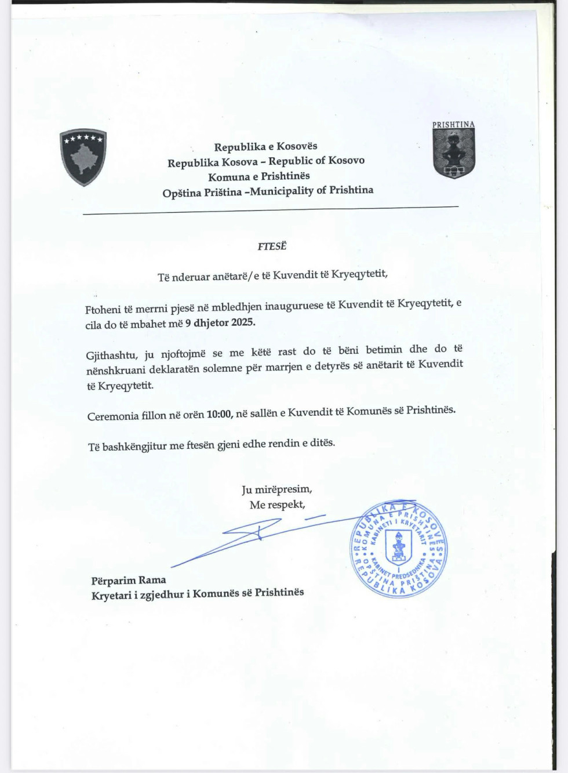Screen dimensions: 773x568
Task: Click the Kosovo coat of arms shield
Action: pos(83,157)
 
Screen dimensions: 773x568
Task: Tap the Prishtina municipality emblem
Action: pos(454,153)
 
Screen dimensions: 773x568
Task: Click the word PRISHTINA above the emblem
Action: pos(453,125)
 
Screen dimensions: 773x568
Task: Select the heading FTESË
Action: pos(272,246)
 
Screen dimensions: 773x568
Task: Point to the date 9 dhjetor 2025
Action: pos(220,323)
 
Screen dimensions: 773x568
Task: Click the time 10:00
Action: pos(219,414)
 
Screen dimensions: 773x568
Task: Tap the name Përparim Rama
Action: pos(129,580)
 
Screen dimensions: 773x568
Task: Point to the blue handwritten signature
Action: pos(255,536)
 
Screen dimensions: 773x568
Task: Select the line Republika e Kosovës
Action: pos(265,147)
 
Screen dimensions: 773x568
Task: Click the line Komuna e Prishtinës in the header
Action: pos(259,176)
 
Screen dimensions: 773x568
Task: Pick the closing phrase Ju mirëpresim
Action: pos(276,489)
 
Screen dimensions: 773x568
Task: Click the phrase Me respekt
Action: pos(277,505)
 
